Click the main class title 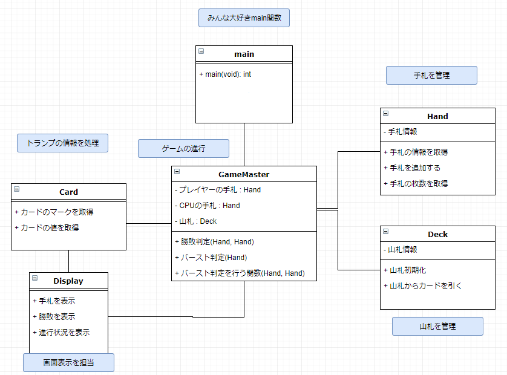(244, 54)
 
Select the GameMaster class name (244, 175)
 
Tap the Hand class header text (437, 116)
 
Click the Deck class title (437, 235)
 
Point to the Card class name (68, 192)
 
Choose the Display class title (68, 281)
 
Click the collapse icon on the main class (201, 51)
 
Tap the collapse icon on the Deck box (386, 232)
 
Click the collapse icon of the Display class (35, 278)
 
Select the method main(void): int (225, 74)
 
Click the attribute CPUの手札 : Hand (208, 206)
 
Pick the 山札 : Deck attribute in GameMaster (195, 221)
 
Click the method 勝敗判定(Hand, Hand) (214, 242)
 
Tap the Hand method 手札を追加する (412, 168)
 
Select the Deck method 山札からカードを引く (423, 286)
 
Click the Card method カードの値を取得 (47, 228)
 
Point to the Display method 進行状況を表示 (62, 332)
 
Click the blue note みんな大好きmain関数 (244, 18)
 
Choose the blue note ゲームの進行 (184, 149)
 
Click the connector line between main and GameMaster (244, 145)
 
